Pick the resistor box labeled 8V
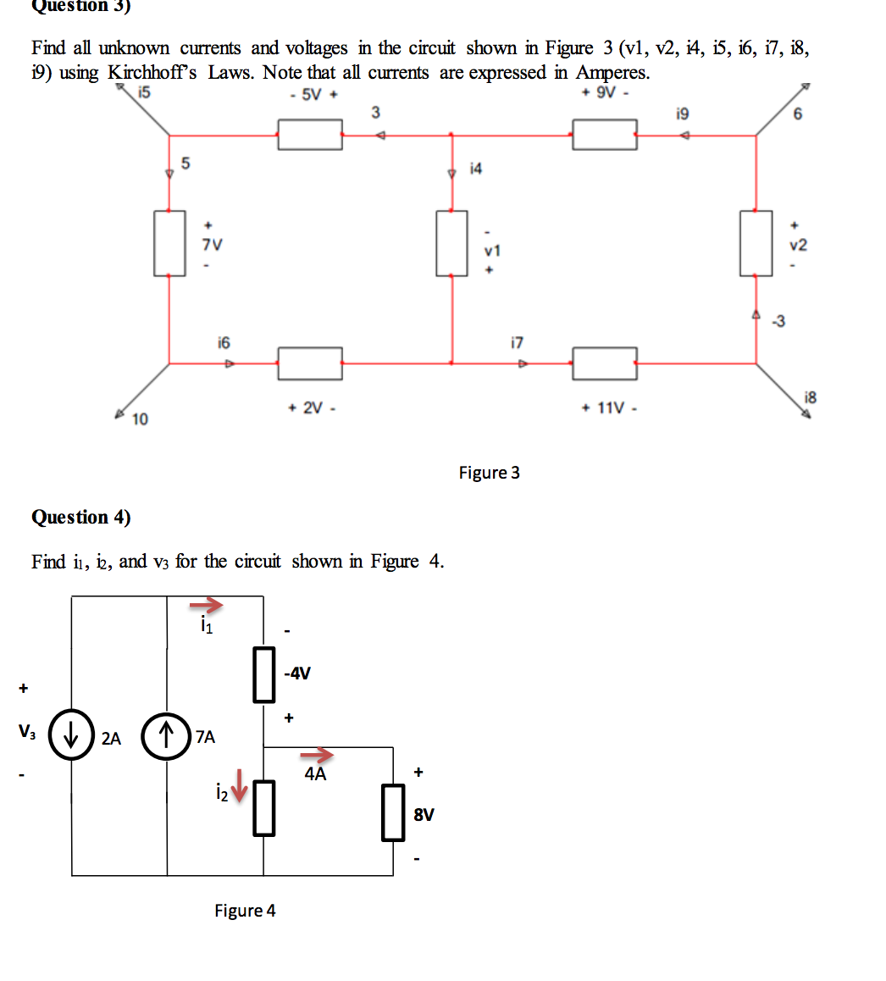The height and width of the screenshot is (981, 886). pos(392,812)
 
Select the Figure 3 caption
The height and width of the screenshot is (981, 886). pos(489,473)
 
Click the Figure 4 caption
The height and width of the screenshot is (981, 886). pos(245,911)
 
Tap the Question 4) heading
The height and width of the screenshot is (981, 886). pos(81,517)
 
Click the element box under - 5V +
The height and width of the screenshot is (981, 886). pos(310,135)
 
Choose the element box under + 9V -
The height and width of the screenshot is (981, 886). pos(604,135)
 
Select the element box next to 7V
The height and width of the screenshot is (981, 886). pos(169,243)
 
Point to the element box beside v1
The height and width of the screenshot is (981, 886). pos(451,243)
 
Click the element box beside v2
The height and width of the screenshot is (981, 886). pos(756,243)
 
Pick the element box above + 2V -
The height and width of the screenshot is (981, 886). pos(310,363)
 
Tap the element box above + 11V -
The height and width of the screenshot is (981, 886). pos(604,363)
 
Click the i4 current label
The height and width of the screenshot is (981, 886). pos(475,169)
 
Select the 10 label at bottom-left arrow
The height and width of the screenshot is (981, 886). pos(140,419)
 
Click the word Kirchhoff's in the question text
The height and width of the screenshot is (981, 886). pos(152,73)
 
